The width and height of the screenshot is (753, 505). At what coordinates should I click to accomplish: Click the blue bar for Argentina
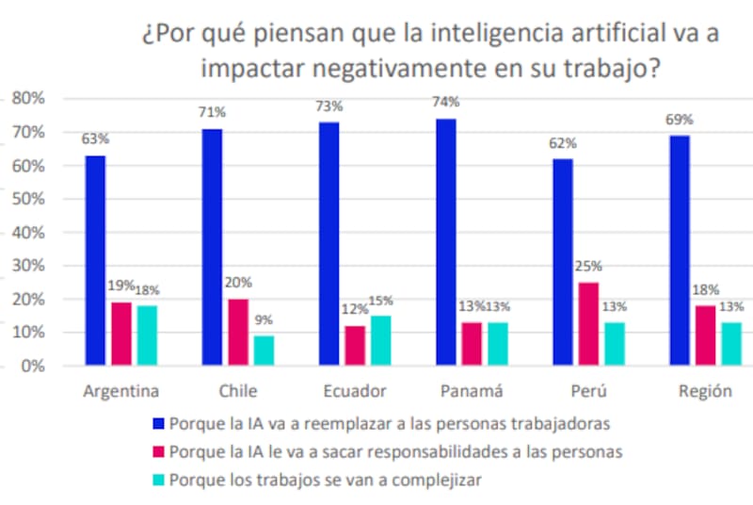pyautogui.click(x=95, y=260)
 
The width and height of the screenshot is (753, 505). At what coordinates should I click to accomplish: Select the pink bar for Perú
pyautogui.click(x=587, y=323)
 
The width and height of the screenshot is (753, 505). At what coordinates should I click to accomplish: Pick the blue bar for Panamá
pyautogui.click(x=446, y=242)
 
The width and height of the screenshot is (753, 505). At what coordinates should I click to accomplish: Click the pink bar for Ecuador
pyautogui.click(x=354, y=345)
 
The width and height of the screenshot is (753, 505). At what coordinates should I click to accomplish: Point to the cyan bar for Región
pyautogui.click(x=731, y=344)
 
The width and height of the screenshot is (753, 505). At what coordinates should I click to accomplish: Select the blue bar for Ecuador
pyautogui.click(x=328, y=243)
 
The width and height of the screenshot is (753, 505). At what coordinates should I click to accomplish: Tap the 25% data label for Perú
pyautogui.click(x=588, y=267)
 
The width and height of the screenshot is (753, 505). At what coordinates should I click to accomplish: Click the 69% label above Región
pyautogui.click(x=680, y=120)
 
